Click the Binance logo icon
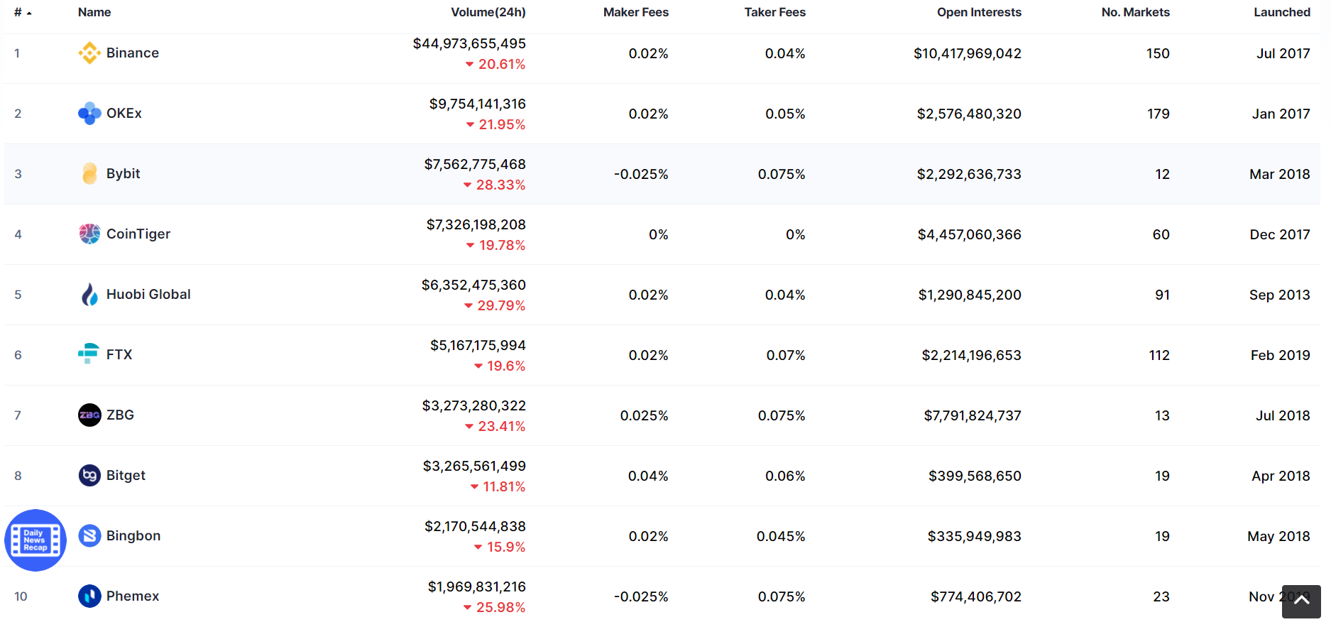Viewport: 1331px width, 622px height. click(89, 53)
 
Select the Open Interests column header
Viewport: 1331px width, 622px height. click(979, 12)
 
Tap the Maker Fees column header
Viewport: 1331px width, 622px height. click(636, 12)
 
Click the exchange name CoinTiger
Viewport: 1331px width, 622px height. click(138, 234)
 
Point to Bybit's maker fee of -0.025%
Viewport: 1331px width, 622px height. click(641, 174)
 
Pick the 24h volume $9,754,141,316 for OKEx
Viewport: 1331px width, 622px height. click(478, 104)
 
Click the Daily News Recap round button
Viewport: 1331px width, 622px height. click(35, 540)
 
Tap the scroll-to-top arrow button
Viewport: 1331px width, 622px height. click(1301, 601)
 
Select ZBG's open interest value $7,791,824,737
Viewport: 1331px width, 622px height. click(973, 415)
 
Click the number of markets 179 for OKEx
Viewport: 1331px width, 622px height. click(1159, 114)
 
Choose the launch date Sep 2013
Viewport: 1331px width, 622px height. click(1280, 295)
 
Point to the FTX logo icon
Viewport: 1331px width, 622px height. click(89, 354)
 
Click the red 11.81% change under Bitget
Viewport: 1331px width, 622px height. click(498, 487)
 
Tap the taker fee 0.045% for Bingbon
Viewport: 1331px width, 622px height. click(781, 536)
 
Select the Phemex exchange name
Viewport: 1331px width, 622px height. click(133, 596)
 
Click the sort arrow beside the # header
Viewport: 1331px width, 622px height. click(29, 13)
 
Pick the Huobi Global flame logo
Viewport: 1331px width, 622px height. click(89, 295)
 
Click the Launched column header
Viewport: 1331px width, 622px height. click(1282, 12)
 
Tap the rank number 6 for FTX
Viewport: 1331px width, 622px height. click(18, 355)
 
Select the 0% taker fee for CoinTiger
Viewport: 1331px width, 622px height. click(796, 234)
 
